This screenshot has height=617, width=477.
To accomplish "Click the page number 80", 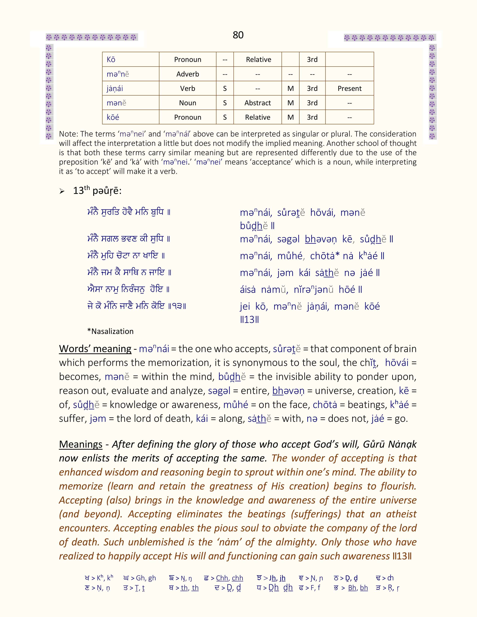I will [238, 35].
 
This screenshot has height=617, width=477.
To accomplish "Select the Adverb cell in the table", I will [188, 74].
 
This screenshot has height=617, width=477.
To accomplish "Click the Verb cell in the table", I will [188, 88].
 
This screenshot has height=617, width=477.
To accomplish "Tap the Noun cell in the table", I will [188, 103].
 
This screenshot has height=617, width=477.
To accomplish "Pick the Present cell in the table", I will [350, 88].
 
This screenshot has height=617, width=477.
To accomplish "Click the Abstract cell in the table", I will [257, 103].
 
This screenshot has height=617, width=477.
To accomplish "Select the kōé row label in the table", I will [113, 117].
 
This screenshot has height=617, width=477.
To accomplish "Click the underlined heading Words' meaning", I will [95, 349].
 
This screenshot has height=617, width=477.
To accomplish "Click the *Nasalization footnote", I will [110, 331].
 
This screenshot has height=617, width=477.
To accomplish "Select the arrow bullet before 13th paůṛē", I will [62, 191].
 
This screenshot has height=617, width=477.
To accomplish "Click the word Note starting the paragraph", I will [68, 134].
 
